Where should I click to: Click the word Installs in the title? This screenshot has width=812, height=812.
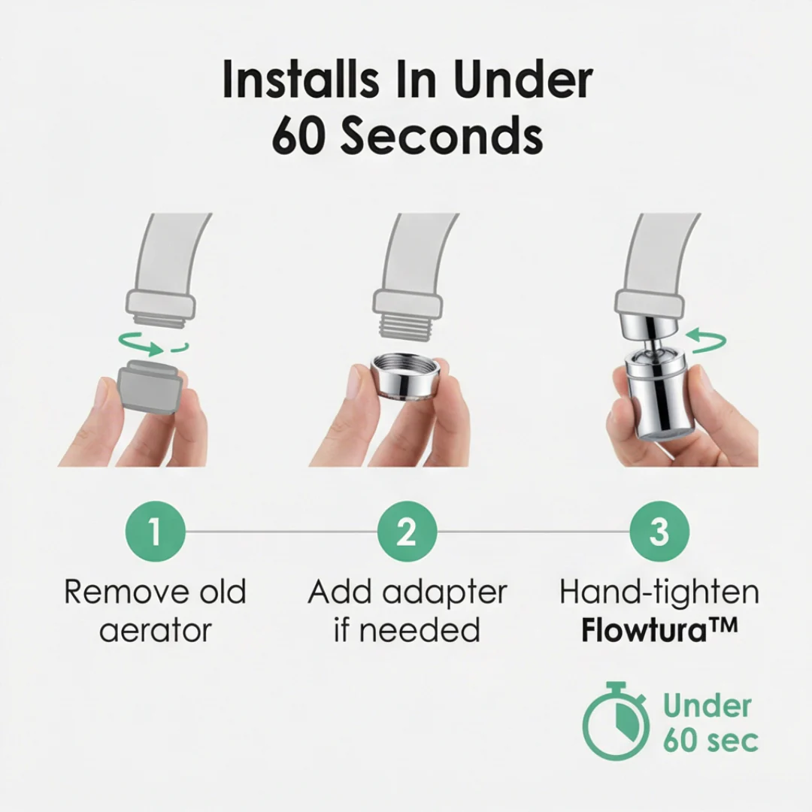pos(300,80)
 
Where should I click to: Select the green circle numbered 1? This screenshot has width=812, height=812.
pos(156,532)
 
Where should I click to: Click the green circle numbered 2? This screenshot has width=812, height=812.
pos(407,532)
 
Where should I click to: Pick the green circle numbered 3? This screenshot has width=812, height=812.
pos(659,532)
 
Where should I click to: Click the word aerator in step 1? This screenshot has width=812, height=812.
pos(156,631)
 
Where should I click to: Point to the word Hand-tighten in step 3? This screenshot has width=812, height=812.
pos(659,592)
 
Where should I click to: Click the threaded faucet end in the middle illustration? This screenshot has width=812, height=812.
pos(407,327)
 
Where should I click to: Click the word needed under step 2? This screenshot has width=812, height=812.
pos(420,630)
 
